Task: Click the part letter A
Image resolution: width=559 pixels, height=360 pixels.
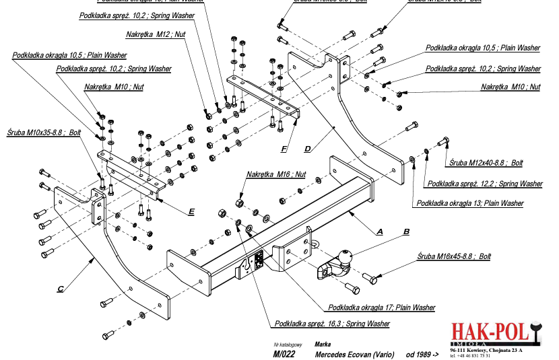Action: (x=380, y=231)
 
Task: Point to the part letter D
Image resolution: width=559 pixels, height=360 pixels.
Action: (x=307, y=148)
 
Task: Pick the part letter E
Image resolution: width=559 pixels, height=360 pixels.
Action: (x=191, y=211)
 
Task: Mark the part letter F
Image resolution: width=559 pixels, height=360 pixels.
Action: (x=284, y=147)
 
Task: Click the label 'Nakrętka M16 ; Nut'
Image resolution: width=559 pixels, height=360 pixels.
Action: (x=276, y=174)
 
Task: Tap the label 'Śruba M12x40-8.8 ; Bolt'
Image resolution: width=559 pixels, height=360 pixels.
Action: (x=486, y=163)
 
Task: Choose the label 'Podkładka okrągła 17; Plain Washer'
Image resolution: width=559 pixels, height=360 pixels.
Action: (x=381, y=308)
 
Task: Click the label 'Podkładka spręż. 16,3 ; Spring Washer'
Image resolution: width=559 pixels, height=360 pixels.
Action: (x=332, y=324)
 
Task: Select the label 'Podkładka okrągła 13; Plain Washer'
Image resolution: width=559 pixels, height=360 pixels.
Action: (x=470, y=203)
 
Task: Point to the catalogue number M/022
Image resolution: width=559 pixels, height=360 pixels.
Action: (x=285, y=353)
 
